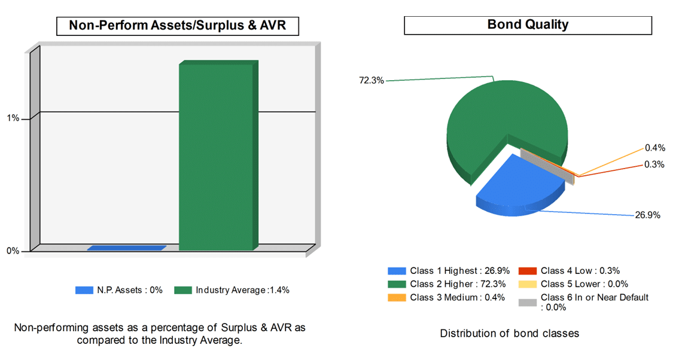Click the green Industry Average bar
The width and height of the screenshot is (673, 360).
pyautogui.click(x=216, y=157)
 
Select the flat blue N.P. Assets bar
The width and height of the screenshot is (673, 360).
pyautogui.click(x=126, y=248)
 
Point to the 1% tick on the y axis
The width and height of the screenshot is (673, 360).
pyautogui.click(x=13, y=118)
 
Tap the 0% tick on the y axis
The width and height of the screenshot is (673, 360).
pyautogui.click(x=13, y=251)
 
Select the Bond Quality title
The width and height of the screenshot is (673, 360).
pyautogui.click(x=528, y=25)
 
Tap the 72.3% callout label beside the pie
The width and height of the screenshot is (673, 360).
pyautogui.click(x=371, y=80)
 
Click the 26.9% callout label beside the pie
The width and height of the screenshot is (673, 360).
pyautogui.click(x=647, y=215)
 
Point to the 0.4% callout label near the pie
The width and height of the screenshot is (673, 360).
pyautogui.click(x=654, y=148)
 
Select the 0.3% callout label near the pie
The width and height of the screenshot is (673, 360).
pyautogui.click(x=654, y=164)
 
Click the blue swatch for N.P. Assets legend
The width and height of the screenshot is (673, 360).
pyautogui.click(x=84, y=290)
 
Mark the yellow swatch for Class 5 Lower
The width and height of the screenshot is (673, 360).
pyautogui.click(x=526, y=284)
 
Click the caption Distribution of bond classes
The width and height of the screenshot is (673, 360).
pyautogui.click(x=509, y=333)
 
